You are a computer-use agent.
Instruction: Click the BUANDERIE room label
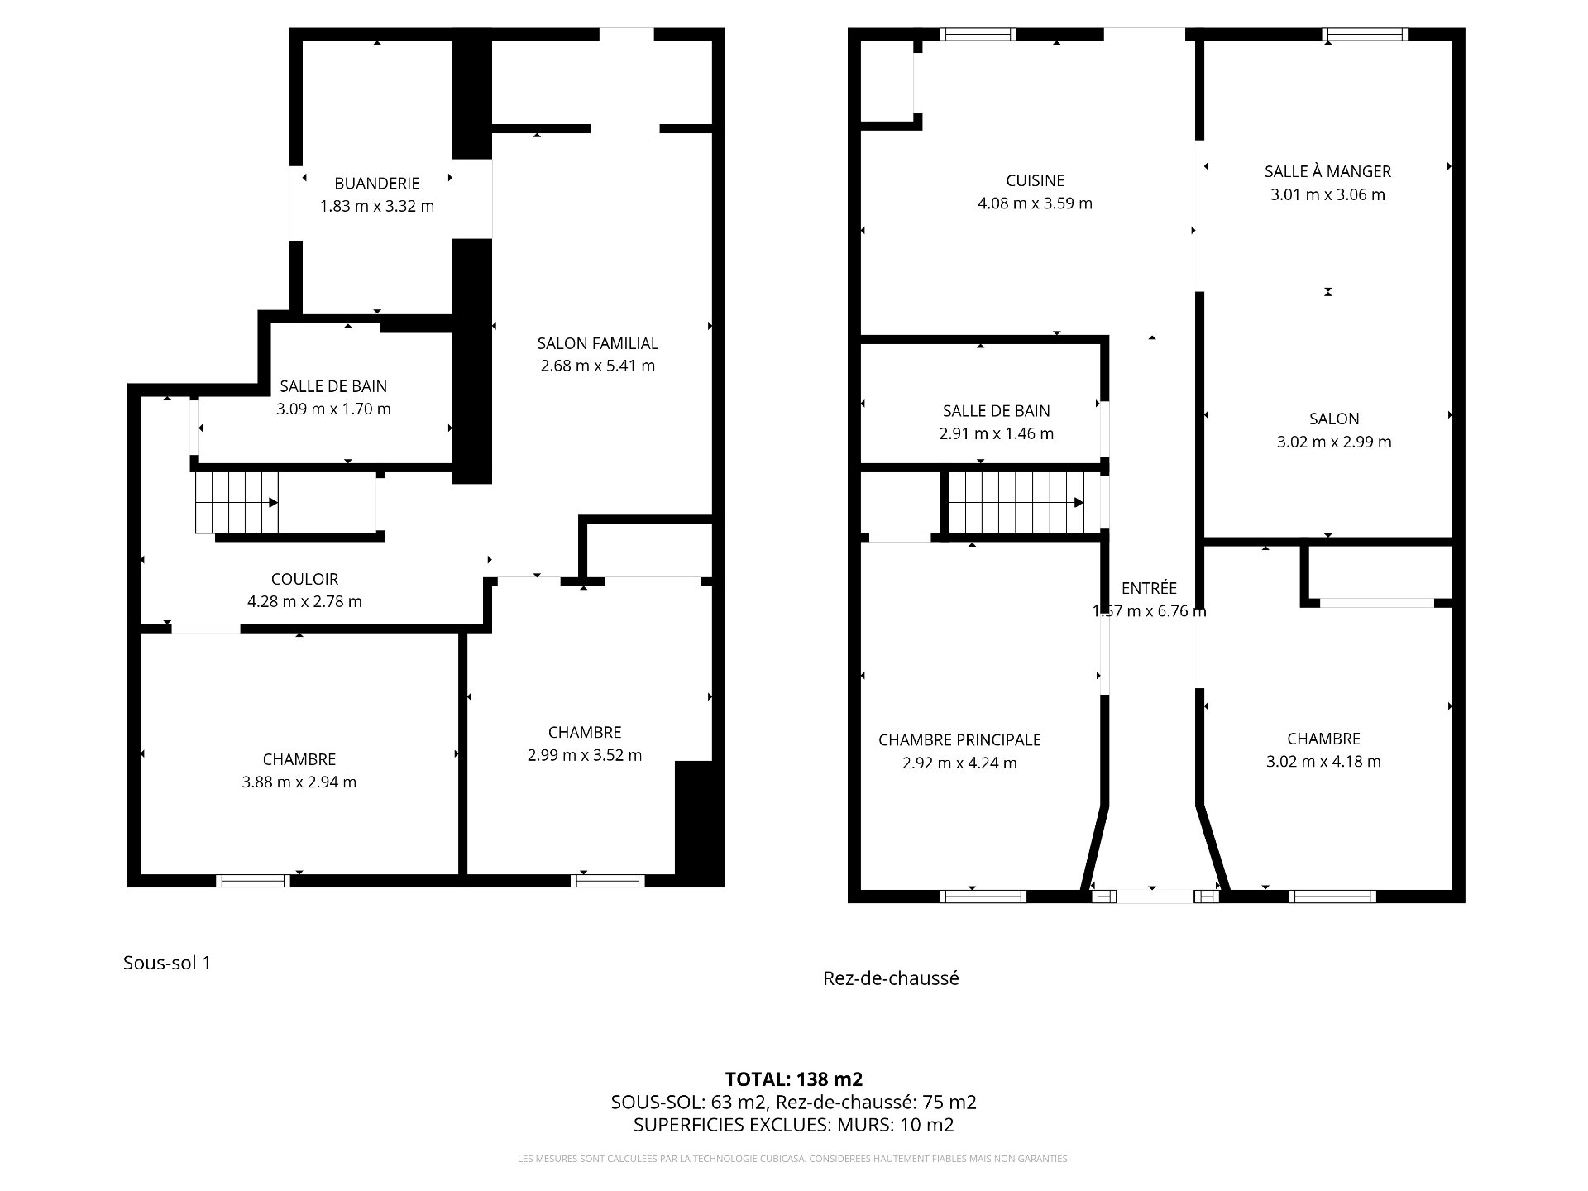(x=377, y=184)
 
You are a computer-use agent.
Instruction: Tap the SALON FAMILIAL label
(x=598, y=343)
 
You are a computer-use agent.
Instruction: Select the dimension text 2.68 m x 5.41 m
(x=598, y=366)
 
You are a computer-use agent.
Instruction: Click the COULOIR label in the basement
(x=305, y=579)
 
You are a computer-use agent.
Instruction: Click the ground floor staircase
(x=1016, y=503)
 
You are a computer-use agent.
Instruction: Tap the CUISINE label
(x=1036, y=180)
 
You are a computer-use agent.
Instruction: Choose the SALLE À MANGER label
(x=1328, y=171)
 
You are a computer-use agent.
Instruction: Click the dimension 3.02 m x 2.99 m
(x=1334, y=442)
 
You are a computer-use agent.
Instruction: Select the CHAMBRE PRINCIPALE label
(x=959, y=740)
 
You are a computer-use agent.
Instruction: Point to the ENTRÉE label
(x=1149, y=588)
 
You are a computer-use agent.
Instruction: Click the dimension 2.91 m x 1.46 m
(x=997, y=433)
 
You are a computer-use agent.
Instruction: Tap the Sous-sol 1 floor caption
(x=167, y=963)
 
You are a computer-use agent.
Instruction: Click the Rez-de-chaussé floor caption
(x=892, y=978)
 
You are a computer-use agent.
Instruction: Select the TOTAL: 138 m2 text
(x=794, y=1079)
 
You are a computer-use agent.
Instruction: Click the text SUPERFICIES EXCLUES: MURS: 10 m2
(x=794, y=1125)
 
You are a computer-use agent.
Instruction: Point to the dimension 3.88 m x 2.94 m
(x=299, y=782)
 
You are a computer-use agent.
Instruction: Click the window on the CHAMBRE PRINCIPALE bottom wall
(x=983, y=897)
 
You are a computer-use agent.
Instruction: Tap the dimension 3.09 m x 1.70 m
(x=334, y=409)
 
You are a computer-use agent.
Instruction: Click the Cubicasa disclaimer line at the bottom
(x=794, y=1159)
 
